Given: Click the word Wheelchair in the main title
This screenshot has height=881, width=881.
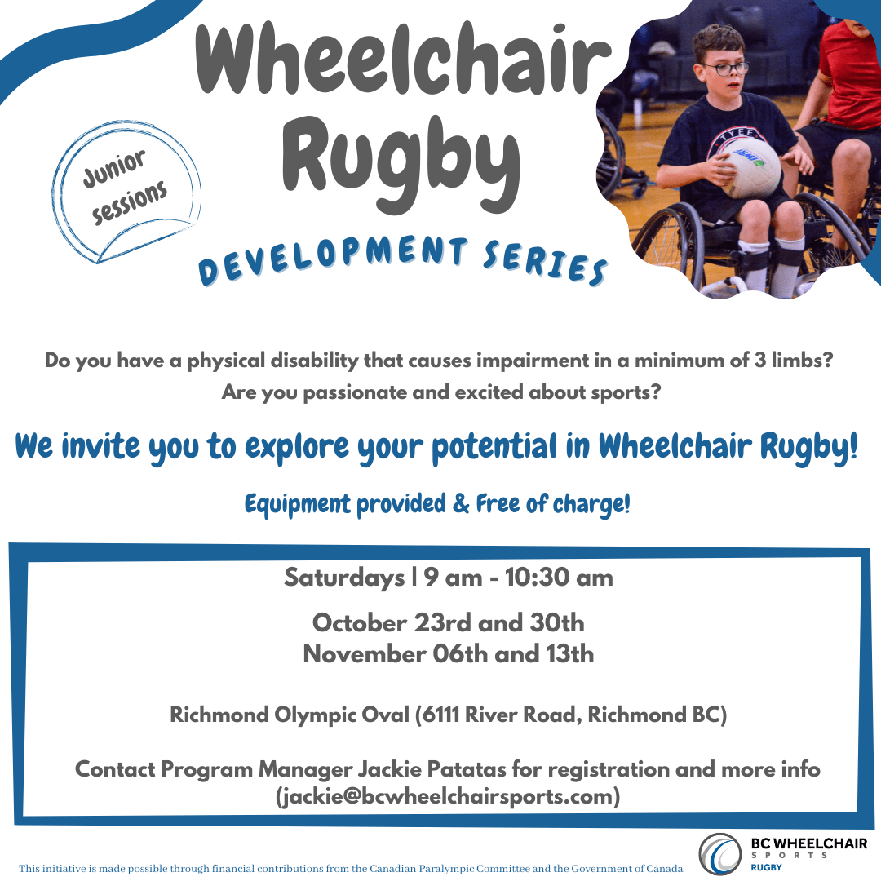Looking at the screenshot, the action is (402, 59).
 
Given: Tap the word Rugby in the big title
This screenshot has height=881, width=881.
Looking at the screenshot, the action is (401, 163).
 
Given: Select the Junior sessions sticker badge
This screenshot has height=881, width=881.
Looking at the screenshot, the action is (126, 192).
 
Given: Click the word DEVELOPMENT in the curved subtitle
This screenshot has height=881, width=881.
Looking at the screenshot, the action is (333, 259).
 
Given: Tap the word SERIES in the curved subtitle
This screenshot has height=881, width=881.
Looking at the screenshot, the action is (546, 263).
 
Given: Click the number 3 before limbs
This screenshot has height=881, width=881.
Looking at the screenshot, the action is (760, 361).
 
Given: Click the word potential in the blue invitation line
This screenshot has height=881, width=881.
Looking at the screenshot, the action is (494, 447).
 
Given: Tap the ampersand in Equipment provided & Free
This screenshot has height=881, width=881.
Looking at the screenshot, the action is (461, 503).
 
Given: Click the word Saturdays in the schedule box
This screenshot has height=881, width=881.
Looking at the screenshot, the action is (344, 578).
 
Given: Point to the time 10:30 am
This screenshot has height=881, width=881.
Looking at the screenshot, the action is (559, 577).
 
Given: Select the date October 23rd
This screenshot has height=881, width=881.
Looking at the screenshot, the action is (392, 622).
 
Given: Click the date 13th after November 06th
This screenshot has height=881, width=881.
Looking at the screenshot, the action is (570, 654).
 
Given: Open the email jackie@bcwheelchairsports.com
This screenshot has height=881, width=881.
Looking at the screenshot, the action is (448, 797).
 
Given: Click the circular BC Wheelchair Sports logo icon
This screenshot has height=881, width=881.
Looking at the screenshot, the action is (720, 854).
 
